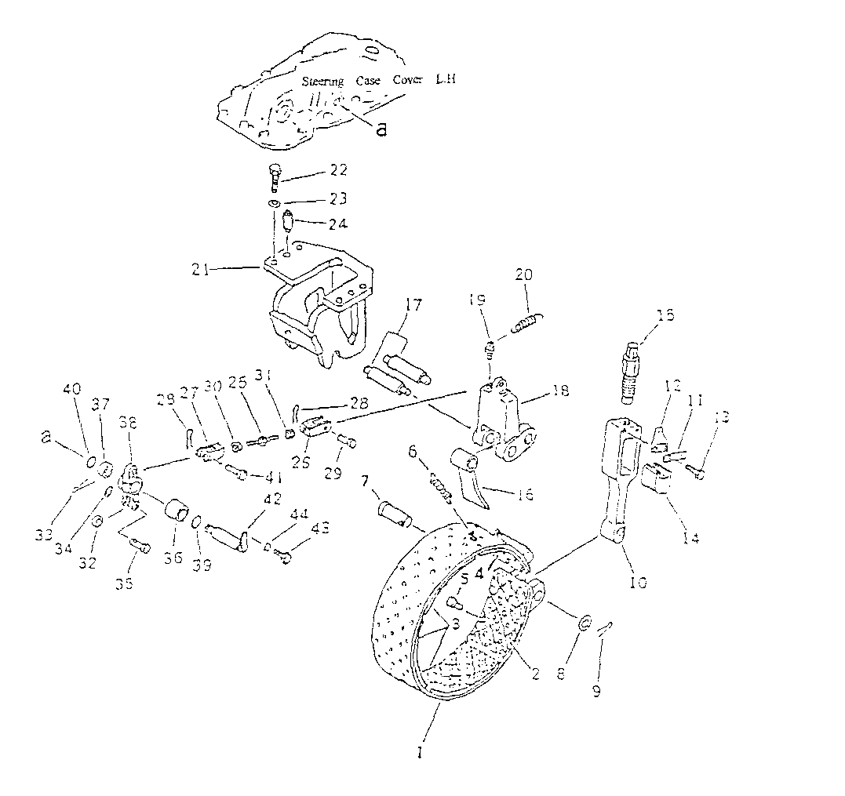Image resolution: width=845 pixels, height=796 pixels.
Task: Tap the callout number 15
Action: click(666, 314)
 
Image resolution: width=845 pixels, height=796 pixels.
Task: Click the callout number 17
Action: click(413, 303)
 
